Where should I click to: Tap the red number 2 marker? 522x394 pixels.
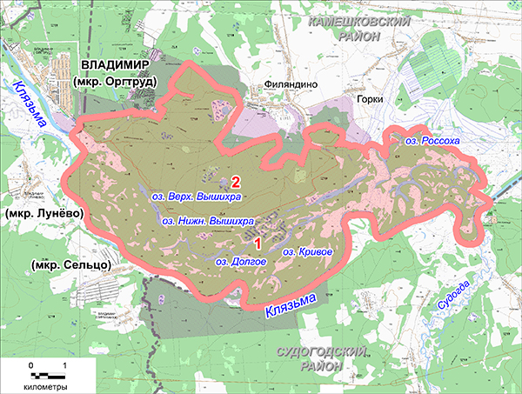(x=235, y=182)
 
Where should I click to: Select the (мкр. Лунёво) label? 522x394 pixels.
(x=43, y=213)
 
